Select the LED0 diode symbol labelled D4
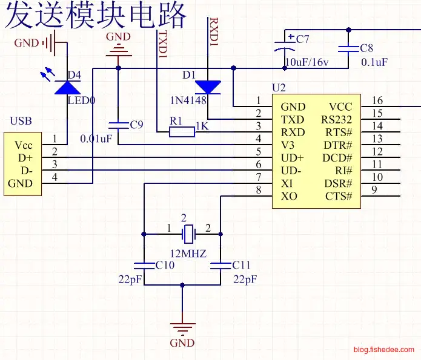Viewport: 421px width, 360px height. pos(67,88)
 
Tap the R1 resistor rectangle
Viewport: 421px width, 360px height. pos(182,132)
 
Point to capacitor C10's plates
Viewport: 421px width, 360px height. pos(144,264)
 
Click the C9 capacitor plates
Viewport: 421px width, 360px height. pos(118,125)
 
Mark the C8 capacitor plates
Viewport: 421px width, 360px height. pos(348,48)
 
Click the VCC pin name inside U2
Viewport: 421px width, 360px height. pos(340,106)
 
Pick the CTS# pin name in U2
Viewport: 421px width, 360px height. pos(339,195)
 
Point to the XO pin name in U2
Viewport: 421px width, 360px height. pos(289,196)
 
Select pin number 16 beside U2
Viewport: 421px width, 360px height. pos(377,100)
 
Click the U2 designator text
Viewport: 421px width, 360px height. pos(278,88)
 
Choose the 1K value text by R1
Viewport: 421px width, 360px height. pos(202,126)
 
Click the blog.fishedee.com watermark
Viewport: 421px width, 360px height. pos(384,349)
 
